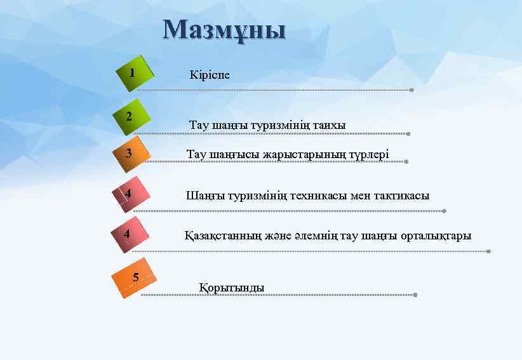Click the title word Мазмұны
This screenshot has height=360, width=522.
click(x=224, y=30)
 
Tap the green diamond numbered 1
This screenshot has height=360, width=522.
click(x=134, y=74)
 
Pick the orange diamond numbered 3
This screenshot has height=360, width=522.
click(x=131, y=154)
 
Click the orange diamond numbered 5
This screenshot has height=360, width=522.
click(x=134, y=277)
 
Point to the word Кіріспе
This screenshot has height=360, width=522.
click(x=210, y=75)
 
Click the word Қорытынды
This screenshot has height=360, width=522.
click(x=232, y=288)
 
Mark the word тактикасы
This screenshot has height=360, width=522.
click(x=400, y=196)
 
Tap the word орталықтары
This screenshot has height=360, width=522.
click(x=437, y=236)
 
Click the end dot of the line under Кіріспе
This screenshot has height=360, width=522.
click(x=412, y=90)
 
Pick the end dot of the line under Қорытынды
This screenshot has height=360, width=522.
click(x=415, y=295)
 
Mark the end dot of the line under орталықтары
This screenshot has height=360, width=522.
click(x=488, y=251)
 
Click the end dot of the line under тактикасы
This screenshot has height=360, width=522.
click(x=444, y=211)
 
